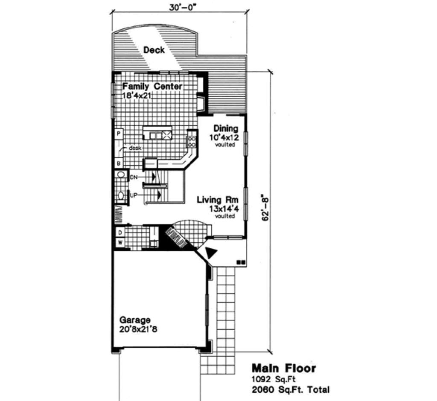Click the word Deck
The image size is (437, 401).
point(154,50)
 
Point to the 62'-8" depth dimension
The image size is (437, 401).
point(265,208)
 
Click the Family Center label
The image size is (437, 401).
point(152,87)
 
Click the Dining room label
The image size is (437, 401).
point(225,128)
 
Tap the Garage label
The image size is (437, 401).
point(135,320)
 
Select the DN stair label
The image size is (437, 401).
point(134,177)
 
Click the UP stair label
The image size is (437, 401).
point(134,195)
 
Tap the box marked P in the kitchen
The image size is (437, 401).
point(118,134)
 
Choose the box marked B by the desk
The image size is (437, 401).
point(118,163)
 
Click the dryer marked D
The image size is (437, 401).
point(120,232)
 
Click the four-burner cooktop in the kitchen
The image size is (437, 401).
point(192,142)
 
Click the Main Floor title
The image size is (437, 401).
point(283,368)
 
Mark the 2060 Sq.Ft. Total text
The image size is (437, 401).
point(290,389)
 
